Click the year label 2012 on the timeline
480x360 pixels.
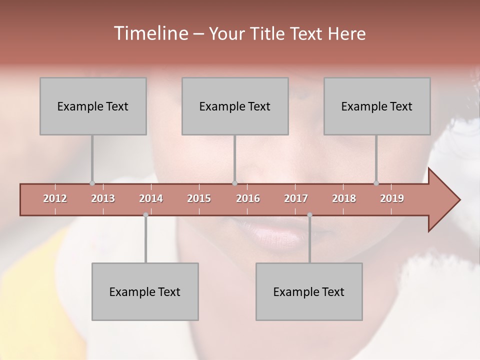tap(55, 198)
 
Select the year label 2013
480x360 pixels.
tap(103, 198)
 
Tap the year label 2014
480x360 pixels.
tap(151, 198)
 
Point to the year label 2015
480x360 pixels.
tap(199, 198)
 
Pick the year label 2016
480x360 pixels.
tap(248, 198)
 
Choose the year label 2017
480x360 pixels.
tap(296, 198)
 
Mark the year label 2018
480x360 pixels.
tap(344, 198)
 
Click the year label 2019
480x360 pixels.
tap(392, 198)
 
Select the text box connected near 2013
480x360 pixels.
tap(93, 106)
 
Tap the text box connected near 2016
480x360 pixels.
tap(235, 106)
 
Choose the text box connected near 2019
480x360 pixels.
tap(377, 106)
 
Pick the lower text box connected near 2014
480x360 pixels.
tap(145, 291)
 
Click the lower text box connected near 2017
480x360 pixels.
tap(309, 291)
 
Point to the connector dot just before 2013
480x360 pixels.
tap(92, 183)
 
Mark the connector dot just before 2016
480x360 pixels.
tap(234, 183)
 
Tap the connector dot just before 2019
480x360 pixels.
tap(376, 183)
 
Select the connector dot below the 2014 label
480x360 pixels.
tap(145, 215)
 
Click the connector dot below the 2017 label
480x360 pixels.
tap(309, 215)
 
